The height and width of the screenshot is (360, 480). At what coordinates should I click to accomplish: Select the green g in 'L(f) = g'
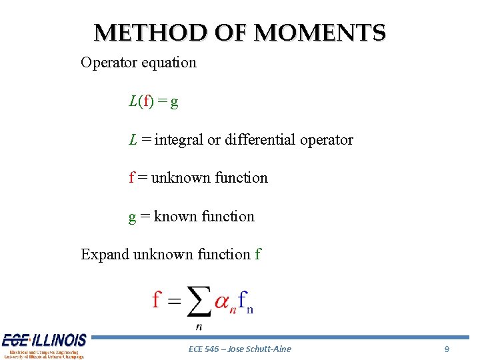pos(174,103)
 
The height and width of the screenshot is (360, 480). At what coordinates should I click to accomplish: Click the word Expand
pos(105,255)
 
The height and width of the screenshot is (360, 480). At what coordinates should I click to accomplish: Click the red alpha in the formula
pos(222,303)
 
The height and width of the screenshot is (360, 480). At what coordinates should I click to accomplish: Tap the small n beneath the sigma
pos(199,327)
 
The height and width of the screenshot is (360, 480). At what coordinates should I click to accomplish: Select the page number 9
pos(447,349)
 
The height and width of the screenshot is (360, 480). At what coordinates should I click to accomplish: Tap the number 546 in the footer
pos(213,349)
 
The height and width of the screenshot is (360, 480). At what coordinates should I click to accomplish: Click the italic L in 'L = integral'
pos(133,140)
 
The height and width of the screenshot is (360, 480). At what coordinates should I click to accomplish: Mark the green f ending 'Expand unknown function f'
pos(258,255)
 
